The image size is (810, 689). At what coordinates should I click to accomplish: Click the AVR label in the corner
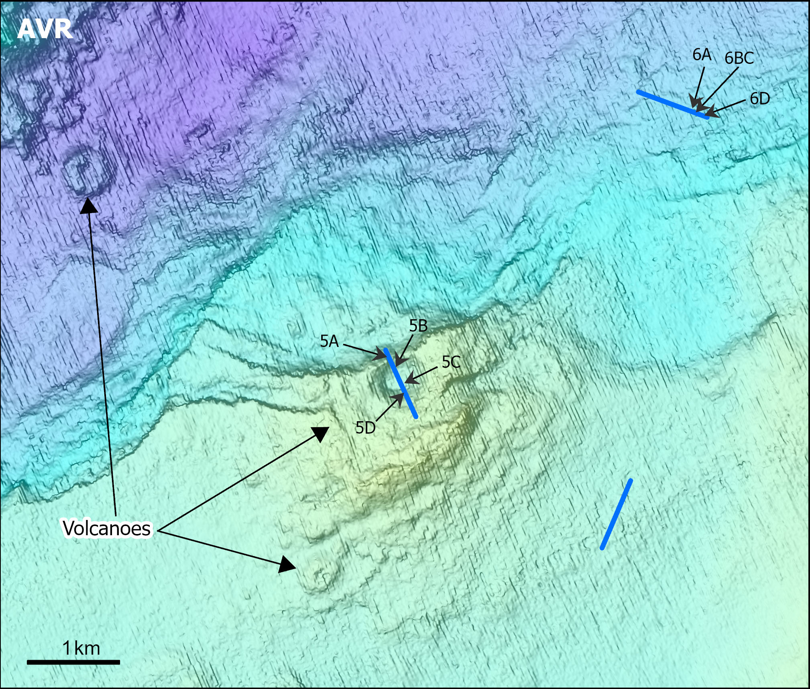coord(45,29)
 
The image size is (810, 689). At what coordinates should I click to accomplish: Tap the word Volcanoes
coord(107,528)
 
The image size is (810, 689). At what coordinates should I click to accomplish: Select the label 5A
coord(330,341)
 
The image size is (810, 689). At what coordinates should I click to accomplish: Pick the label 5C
coord(451,363)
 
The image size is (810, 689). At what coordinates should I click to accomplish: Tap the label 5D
coord(366,428)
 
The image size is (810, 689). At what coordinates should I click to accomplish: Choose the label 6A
coord(702,55)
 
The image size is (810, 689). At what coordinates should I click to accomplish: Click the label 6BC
coord(739,59)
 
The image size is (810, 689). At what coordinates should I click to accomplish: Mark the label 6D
coord(760,99)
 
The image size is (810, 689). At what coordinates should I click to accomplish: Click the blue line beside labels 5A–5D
coord(401,383)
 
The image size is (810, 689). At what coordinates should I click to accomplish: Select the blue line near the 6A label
coord(672,104)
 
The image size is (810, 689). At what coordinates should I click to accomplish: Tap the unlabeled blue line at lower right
coord(616,514)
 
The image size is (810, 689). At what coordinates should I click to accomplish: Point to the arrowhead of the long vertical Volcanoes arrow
coord(88,206)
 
